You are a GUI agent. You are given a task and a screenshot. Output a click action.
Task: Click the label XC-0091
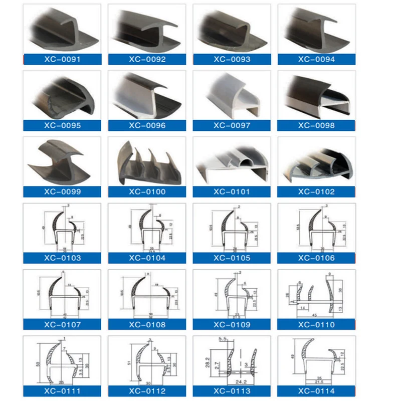[x=62, y=59]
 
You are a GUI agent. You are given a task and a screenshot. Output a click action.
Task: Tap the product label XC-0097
[x=232, y=125]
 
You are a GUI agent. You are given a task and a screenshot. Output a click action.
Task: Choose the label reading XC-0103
[x=62, y=258]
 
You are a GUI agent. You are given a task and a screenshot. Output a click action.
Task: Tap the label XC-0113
[x=232, y=391]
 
